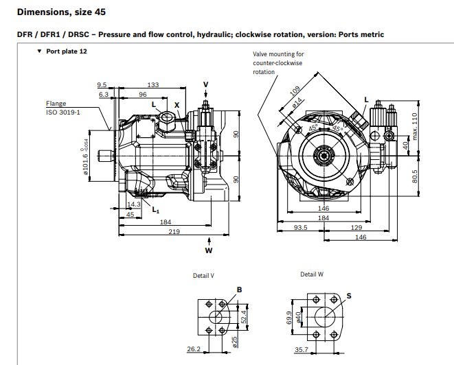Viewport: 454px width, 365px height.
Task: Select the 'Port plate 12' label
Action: pyautogui.click(x=67, y=51)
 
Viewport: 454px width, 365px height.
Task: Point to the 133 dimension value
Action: pyautogui.click(x=152, y=85)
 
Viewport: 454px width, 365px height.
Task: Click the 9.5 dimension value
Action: pyautogui.click(x=103, y=85)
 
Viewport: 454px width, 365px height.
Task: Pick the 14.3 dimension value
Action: pyautogui.click(x=134, y=204)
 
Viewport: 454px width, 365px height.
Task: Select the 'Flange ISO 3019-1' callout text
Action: pyautogui.click(x=63, y=108)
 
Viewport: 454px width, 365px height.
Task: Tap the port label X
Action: pyautogui.click(x=177, y=105)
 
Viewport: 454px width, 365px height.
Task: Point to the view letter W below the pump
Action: pyautogui.click(x=209, y=250)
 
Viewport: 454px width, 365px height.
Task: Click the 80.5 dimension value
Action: pyautogui.click(x=415, y=176)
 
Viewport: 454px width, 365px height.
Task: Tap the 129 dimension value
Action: pyautogui.click(x=356, y=227)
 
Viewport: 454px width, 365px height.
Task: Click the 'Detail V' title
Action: pyautogui.click(x=203, y=275)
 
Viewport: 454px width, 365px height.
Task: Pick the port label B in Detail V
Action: pyautogui.click(x=240, y=290)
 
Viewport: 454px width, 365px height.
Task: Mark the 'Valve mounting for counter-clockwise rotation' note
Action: pyautogui.click(x=278, y=62)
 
